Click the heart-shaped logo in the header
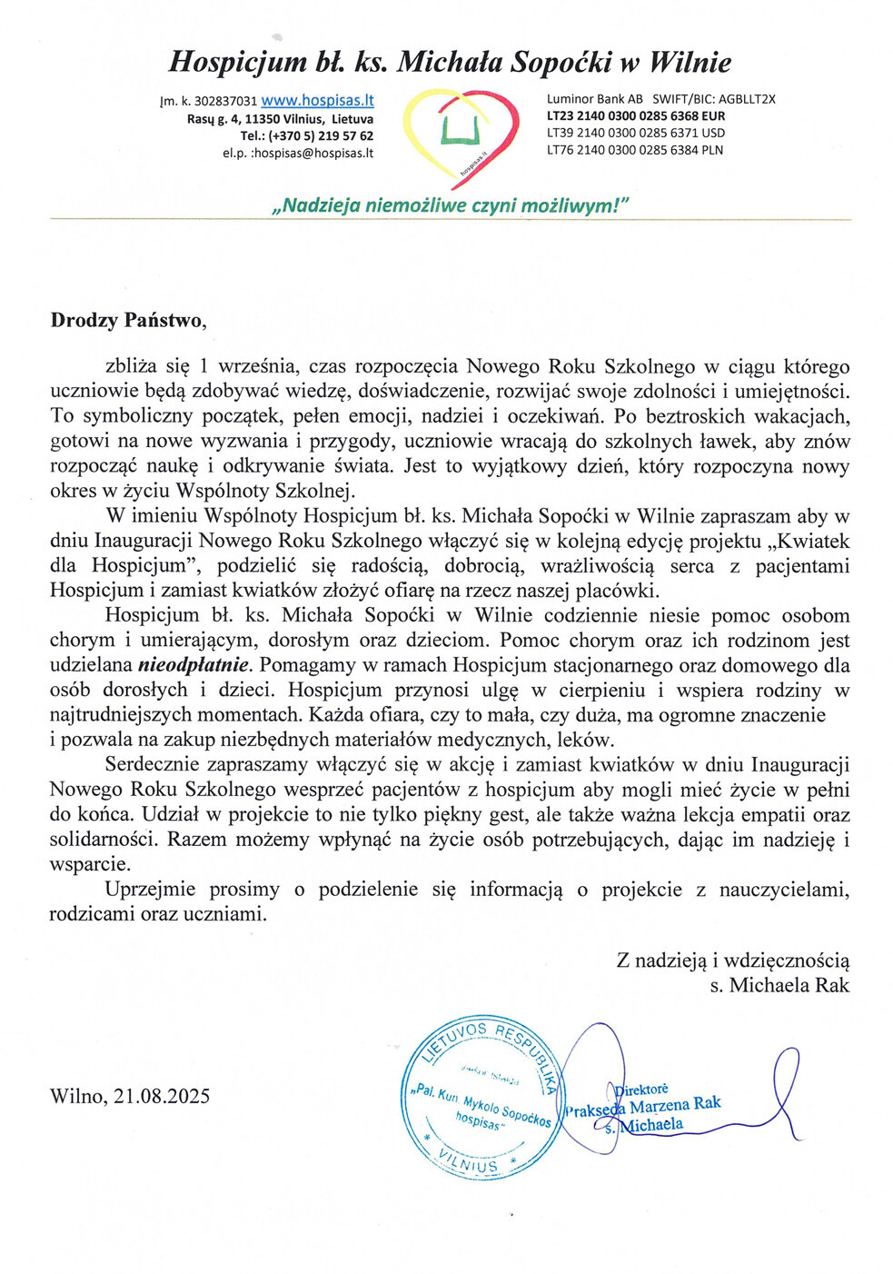(460, 134)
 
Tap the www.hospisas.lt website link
(317, 101)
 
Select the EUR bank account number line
(635, 116)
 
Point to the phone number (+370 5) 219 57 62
(306, 136)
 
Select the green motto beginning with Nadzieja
(450, 205)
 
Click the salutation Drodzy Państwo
(129, 320)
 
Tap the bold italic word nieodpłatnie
(193, 665)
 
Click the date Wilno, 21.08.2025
(130, 1096)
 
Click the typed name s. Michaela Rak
(779, 985)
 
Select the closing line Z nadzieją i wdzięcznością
(733, 960)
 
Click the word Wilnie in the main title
(689, 62)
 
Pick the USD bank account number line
(635, 133)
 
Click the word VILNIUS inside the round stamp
(468, 1162)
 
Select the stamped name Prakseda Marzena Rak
(642, 1106)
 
